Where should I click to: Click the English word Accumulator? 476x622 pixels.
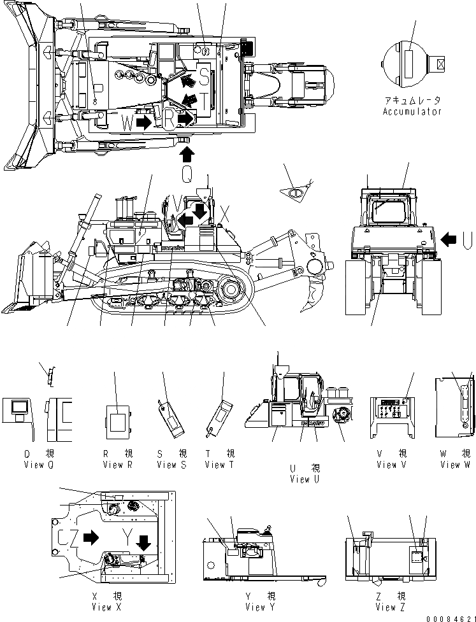(x=412, y=111)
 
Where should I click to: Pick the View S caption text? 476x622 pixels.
(x=171, y=465)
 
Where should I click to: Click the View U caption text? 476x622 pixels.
(x=305, y=479)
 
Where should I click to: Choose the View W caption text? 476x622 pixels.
(x=454, y=465)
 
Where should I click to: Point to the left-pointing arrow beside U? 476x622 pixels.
(x=449, y=239)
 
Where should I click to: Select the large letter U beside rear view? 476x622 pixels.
(x=468, y=239)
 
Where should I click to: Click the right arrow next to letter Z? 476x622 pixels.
(x=90, y=537)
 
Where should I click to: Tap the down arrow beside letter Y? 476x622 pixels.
(x=144, y=542)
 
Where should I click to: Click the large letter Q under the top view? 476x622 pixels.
(x=187, y=174)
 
